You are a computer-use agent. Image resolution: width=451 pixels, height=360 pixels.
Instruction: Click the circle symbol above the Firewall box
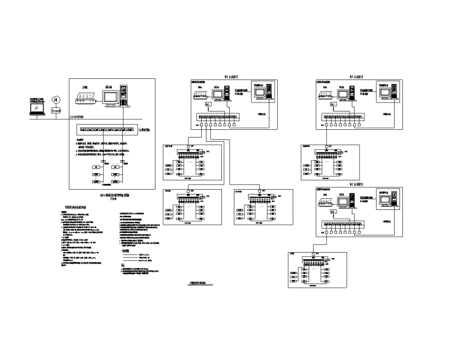click(56, 99)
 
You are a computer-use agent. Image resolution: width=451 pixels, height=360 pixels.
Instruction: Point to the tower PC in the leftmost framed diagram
click(124, 96)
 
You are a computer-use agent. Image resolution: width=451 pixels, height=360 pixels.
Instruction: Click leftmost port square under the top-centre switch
click(202, 125)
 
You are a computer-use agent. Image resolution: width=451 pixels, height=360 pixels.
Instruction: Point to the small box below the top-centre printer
click(208, 105)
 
